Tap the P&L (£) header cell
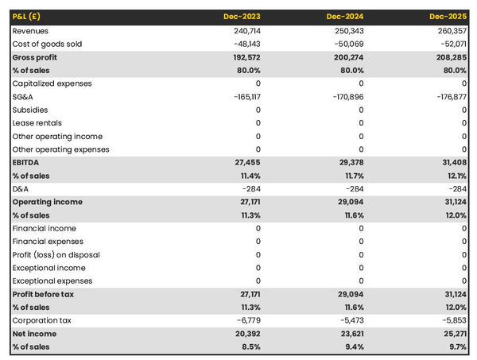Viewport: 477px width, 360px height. click(x=28, y=16)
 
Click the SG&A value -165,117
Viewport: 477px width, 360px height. click(x=243, y=97)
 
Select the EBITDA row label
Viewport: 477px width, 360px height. click(x=27, y=162)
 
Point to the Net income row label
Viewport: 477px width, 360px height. click(x=34, y=334)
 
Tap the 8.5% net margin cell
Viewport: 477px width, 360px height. click(x=250, y=346)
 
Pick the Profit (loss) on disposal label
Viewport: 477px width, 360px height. click(x=57, y=254)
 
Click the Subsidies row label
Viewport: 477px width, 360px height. click(x=30, y=110)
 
